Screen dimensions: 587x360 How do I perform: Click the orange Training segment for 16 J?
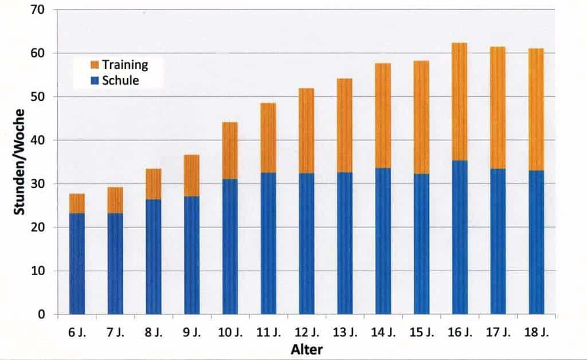pyautogui.click(x=459, y=102)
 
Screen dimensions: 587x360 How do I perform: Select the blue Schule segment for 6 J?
pyautogui.click(x=77, y=264)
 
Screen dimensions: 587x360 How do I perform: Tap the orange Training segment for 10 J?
pyautogui.click(x=230, y=151)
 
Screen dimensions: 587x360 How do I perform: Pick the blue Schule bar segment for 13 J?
pyautogui.click(x=345, y=243)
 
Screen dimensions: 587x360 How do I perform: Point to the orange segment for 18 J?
pyautogui.click(x=536, y=109)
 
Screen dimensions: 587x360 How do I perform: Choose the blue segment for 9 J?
pyautogui.click(x=191, y=255)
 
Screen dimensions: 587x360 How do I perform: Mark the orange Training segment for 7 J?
pyautogui.click(x=115, y=201)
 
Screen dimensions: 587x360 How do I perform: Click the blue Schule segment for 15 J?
pyautogui.click(x=421, y=244)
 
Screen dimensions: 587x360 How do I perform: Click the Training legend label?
pyautogui.click(x=125, y=65)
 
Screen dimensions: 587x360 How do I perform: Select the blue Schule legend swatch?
pyautogui.click(x=95, y=80)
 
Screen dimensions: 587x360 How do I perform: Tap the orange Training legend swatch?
pyautogui.click(x=95, y=65)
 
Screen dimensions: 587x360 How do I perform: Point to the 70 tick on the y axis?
pyautogui.click(x=37, y=10)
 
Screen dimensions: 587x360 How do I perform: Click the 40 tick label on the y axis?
pyautogui.click(x=37, y=140)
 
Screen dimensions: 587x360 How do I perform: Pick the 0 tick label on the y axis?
pyautogui.click(x=41, y=314)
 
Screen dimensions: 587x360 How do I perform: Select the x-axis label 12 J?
pyautogui.click(x=307, y=332)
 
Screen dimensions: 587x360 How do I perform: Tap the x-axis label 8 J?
pyautogui.click(x=153, y=332)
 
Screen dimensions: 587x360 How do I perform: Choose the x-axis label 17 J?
pyautogui.click(x=498, y=332)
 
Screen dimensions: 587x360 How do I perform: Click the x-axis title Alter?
pyautogui.click(x=307, y=350)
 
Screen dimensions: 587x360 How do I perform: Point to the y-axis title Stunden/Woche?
pyautogui.click(x=19, y=162)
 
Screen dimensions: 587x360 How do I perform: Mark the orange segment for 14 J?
pyautogui.click(x=383, y=116)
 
